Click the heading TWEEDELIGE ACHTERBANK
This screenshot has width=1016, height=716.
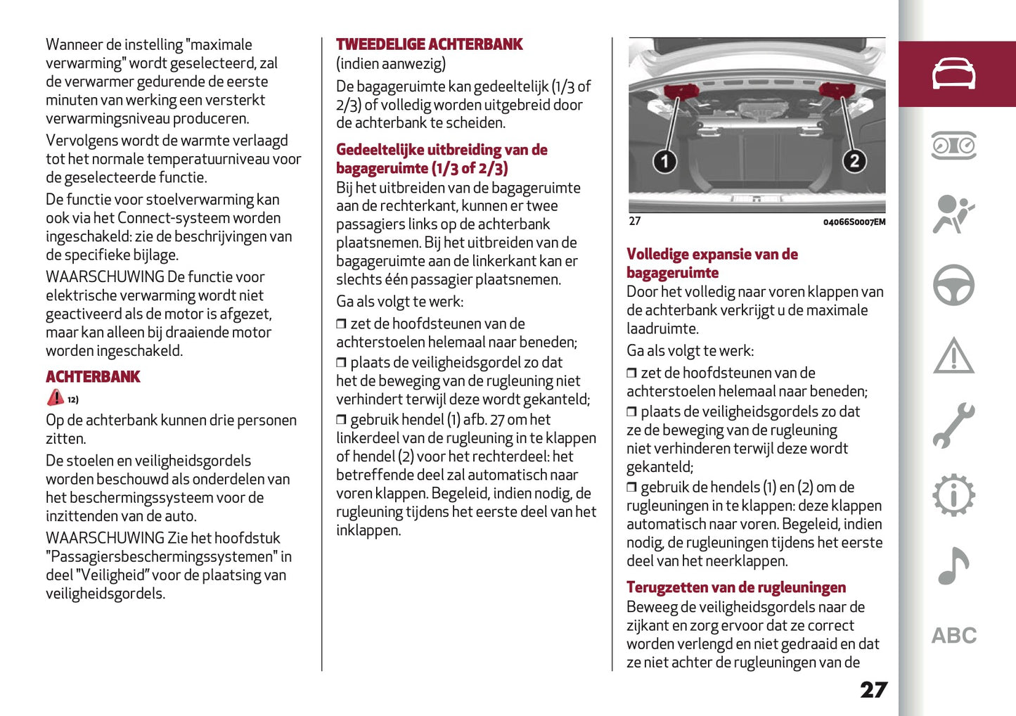(429, 44)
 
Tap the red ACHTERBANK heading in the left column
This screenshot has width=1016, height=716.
(93, 377)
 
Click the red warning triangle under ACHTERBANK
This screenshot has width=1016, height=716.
(55, 397)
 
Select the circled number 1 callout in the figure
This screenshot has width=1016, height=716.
(664, 161)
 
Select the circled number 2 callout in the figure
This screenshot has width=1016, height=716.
(854, 161)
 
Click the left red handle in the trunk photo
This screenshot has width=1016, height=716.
(680, 91)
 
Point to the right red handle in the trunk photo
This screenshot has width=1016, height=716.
(837, 90)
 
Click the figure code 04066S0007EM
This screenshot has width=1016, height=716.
(854, 222)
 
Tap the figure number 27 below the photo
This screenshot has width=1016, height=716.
(634, 222)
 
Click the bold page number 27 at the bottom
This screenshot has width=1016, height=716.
(873, 689)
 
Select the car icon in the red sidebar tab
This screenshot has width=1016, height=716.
(953, 74)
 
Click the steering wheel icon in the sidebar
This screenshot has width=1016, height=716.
(953, 285)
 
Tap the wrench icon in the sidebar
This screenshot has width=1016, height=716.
(953, 426)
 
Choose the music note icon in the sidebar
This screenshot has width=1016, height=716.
(953, 566)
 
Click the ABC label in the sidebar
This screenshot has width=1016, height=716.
(953, 636)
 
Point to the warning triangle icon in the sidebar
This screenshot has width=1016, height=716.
(953, 356)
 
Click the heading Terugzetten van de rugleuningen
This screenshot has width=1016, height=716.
(735, 587)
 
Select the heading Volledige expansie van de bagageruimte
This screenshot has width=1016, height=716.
(712, 263)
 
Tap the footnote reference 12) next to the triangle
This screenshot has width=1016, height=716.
(73, 399)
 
